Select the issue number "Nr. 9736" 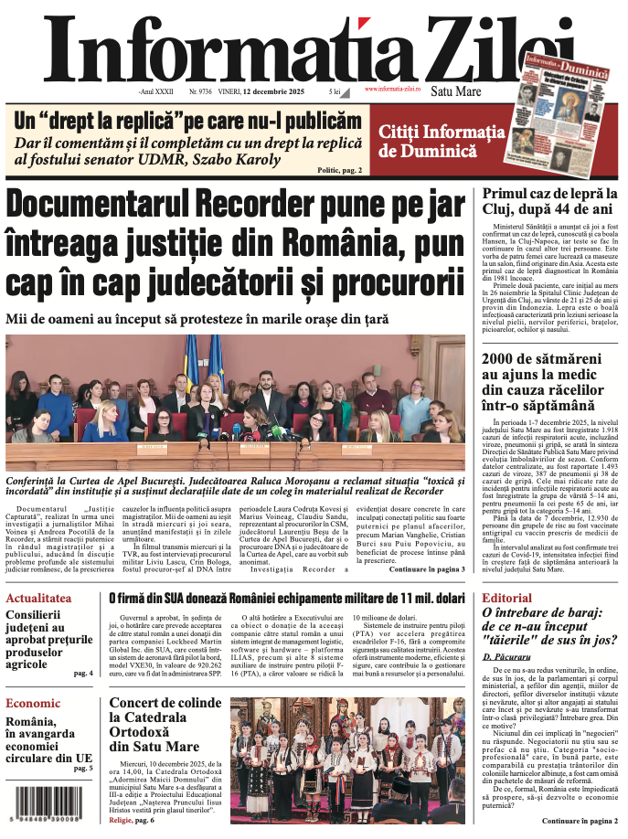tap(200, 92)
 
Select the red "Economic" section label tap(34, 704)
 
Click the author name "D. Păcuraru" tap(508, 656)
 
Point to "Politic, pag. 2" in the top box tap(339, 170)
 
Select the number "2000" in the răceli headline tap(504, 357)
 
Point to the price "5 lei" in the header tap(335, 92)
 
